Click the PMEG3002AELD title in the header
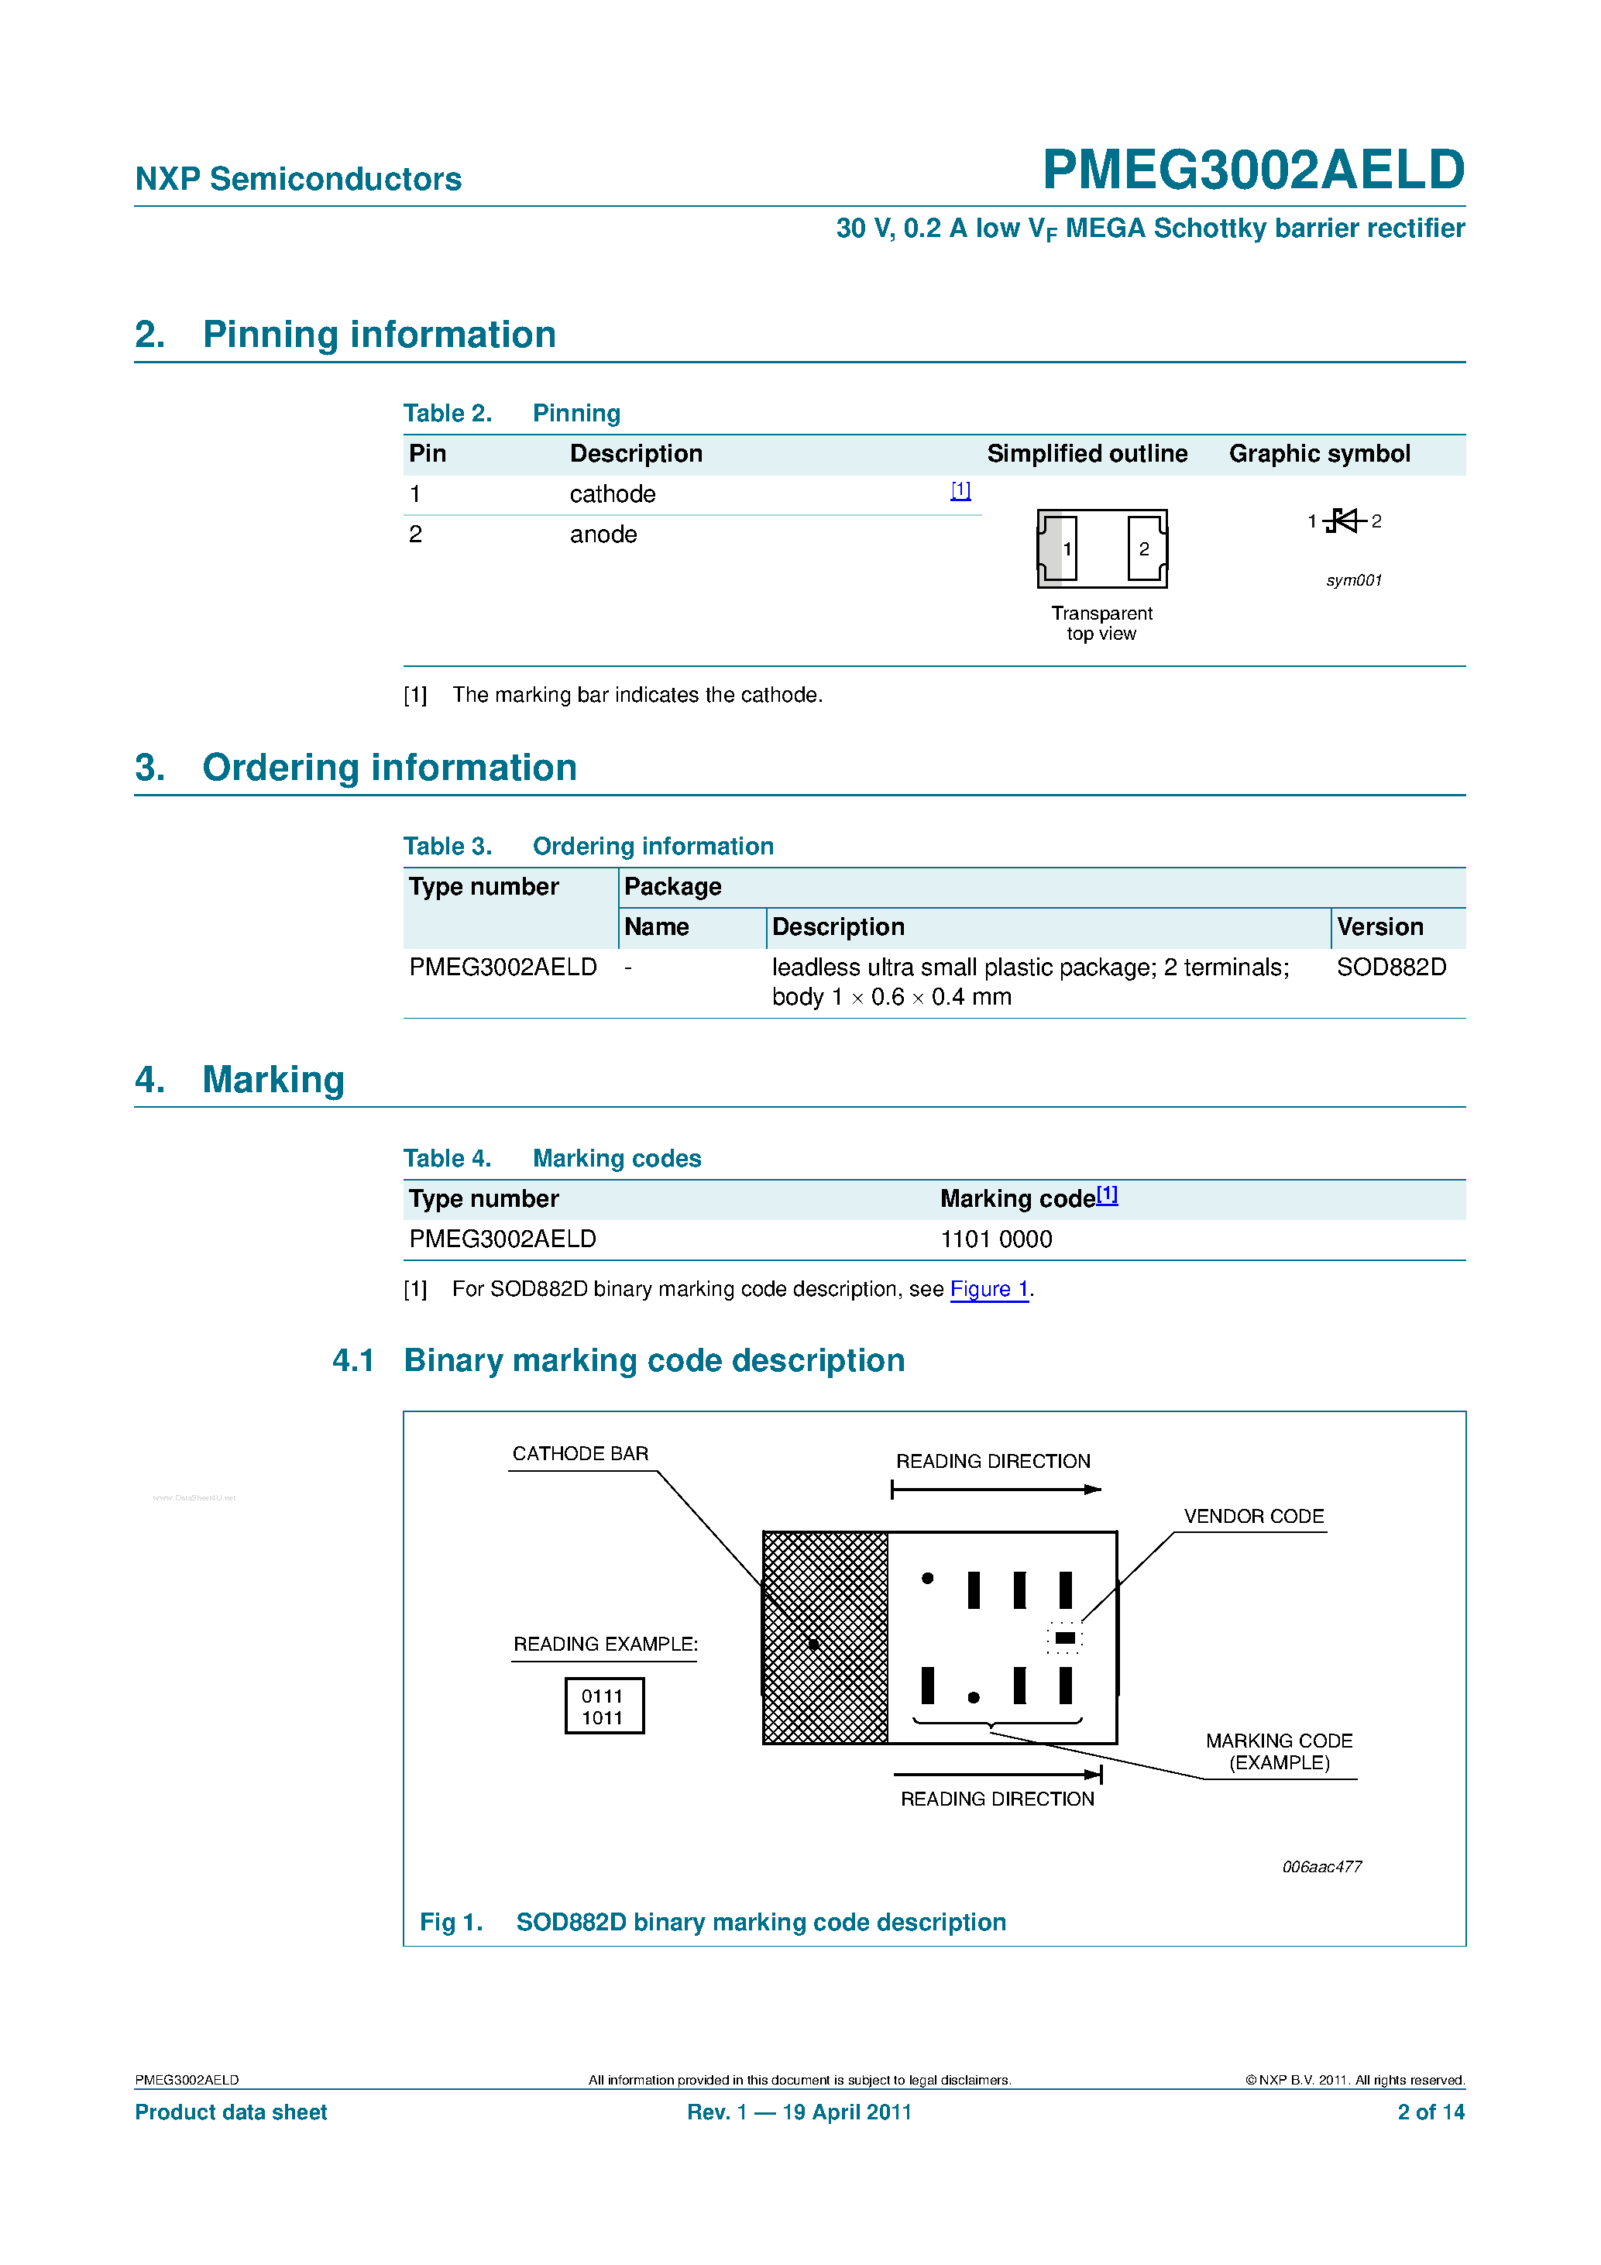(x=1252, y=170)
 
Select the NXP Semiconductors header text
(x=298, y=179)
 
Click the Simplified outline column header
(x=1086, y=454)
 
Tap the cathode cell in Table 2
(x=612, y=494)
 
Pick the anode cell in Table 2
(x=603, y=534)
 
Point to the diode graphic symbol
(x=1344, y=521)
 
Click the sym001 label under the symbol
(x=1353, y=580)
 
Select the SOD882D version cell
(x=1391, y=967)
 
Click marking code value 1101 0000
(x=995, y=1239)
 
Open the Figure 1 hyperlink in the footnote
(x=988, y=1289)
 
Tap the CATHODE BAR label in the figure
(x=580, y=1453)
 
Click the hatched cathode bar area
(x=825, y=1638)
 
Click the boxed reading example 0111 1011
(x=603, y=1706)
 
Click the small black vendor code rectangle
(x=1064, y=1638)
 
